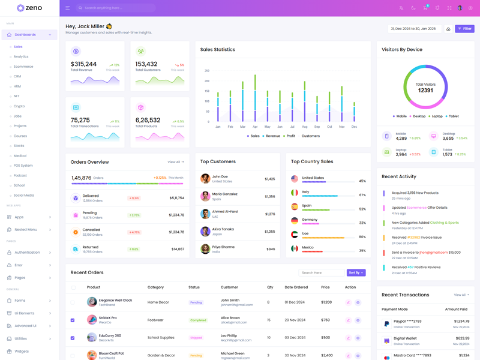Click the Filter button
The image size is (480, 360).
pyautogui.click(x=464, y=29)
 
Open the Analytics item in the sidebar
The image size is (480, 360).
pyautogui.click(x=21, y=56)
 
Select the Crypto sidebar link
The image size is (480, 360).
pyautogui.click(x=19, y=106)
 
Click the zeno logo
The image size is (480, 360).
pyautogui.click(x=29, y=8)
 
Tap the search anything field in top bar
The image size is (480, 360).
pyautogui.click(x=117, y=8)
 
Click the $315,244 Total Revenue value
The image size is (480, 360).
pyautogui.click(x=83, y=64)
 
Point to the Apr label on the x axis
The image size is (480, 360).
pyautogui.click(x=255, y=127)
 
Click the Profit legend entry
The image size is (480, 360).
pyautogui.click(x=290, y=136)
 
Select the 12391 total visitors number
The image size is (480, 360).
pyautogui.click(x=425, y=91)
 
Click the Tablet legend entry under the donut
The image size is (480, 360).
pyautogui.click(x=453, y=116)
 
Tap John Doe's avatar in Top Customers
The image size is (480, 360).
pyautogui.click(x=205, y=179)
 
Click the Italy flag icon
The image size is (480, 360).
pyautogui.click(x=295, y=193)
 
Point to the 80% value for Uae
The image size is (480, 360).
pyautogui.click(x=362, y=237)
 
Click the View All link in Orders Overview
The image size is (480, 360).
pyautogui.click(x=175, y=162)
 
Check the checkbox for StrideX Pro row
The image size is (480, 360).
pyautogui.click(x=73, y=320)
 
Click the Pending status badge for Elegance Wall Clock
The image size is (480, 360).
pyautogui.click(x=196, y=302)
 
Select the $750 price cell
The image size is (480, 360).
pyautogui.click(x=326, y=320)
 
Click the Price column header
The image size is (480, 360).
pyautogui.click(x=325, y=287)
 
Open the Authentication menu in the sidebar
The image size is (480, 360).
pyautogui.click(x=27, y=253)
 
